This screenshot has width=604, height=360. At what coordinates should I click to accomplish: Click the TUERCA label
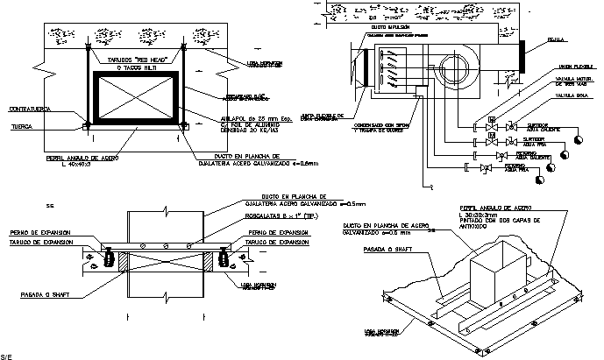coord(22,125)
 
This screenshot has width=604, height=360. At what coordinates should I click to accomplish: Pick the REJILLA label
coord(555,39)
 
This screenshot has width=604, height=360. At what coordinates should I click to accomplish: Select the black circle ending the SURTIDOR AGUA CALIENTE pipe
coord(578,138)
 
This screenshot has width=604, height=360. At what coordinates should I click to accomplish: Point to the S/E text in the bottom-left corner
coord(6,356)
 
